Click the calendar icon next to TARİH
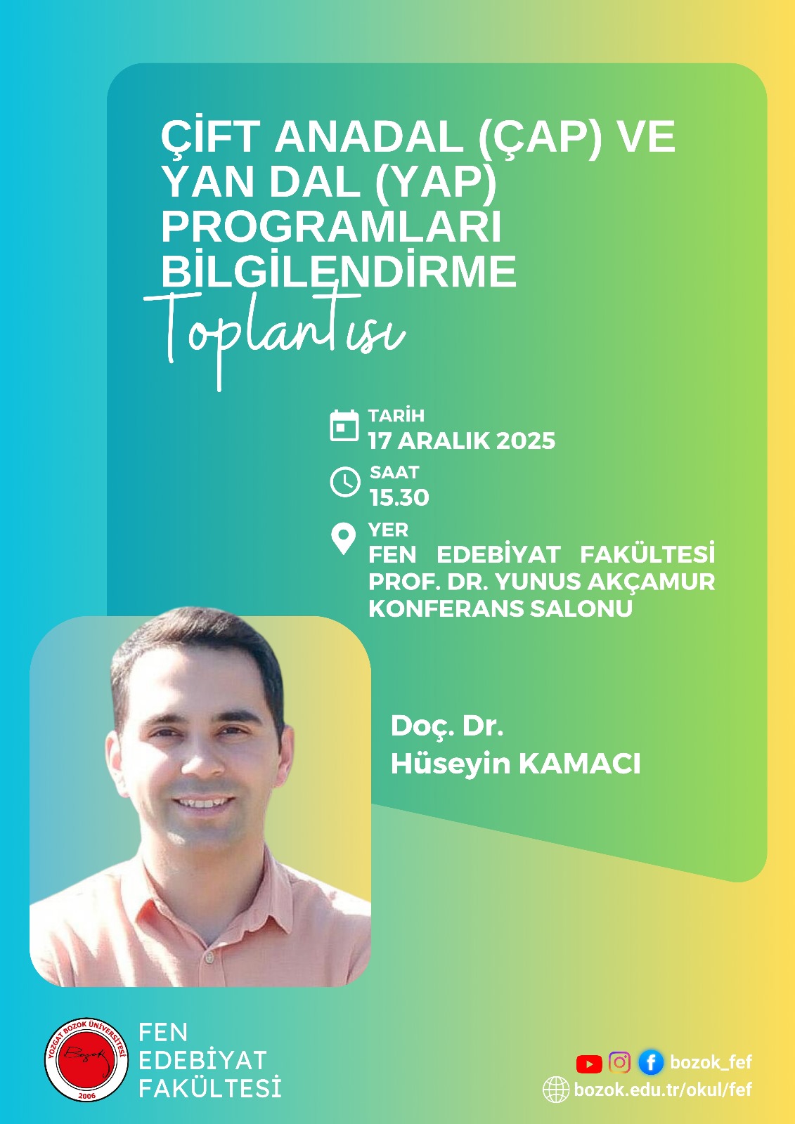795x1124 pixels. coord(344,426)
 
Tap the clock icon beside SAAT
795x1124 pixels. coord(345,482)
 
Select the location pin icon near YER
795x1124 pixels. coord(344,539)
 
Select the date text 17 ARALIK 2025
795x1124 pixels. coord(462,440)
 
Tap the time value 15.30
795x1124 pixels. coord(399,497)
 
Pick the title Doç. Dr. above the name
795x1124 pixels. coord(447,726)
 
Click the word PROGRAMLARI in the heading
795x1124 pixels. coord(332,227)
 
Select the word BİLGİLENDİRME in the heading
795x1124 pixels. coord(339,270)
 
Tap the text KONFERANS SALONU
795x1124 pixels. coord(500,608)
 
